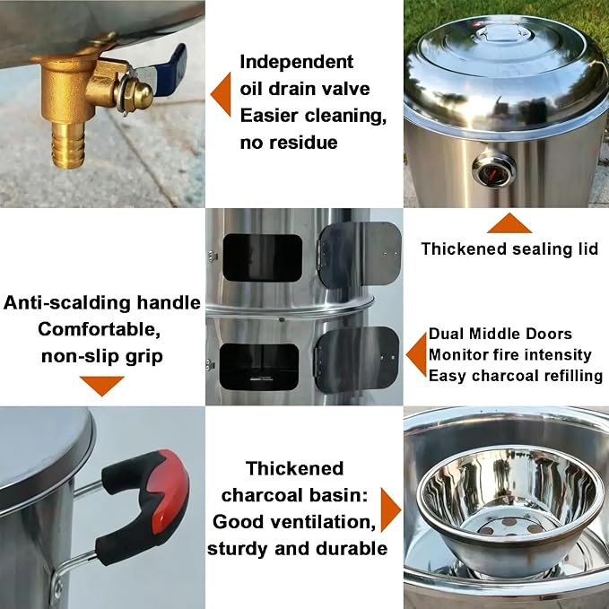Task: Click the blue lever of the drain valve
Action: pos(171,62)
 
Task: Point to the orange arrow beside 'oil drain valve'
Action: pos(221,94)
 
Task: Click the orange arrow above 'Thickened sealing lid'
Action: pos(509,223)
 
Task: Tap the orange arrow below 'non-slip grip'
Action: pos(101,386)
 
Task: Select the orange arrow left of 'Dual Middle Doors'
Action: pos(417,354)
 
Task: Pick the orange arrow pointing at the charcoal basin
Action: pos(390,509)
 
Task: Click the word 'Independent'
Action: pos(297,62)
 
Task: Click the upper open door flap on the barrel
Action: pos(360,252)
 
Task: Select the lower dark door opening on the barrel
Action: pos(259,366)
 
